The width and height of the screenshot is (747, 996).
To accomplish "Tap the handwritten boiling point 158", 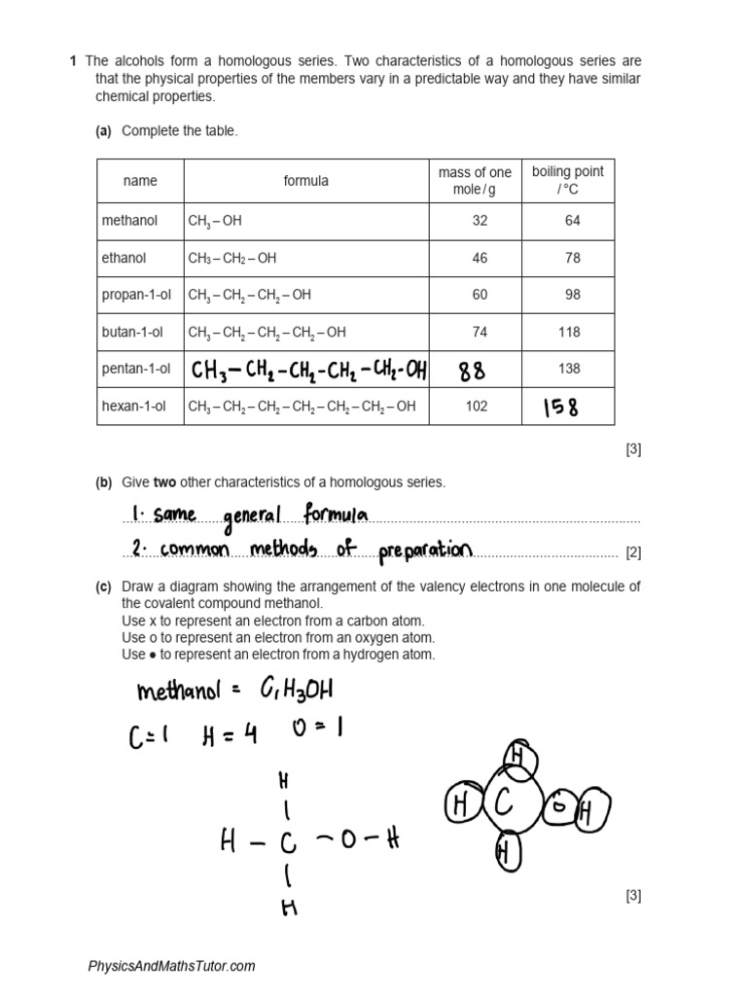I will click(x=559, y=408).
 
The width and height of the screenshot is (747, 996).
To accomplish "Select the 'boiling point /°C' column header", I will click(x=568, y=181).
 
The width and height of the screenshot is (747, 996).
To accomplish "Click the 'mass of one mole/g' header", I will click(x=475, y=181).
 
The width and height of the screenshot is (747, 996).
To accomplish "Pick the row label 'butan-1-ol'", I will click(x=130, y=332).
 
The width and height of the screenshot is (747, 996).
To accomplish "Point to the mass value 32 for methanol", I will click(x=480, y=221).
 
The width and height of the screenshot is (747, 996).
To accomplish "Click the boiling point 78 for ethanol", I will click(x=572, y=258).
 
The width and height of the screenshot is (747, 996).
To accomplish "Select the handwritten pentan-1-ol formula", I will click(x=307, y=370).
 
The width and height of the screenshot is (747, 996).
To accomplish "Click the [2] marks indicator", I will click(x=633, y=552).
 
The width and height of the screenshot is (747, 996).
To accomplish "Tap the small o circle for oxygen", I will click(x=559, y=806).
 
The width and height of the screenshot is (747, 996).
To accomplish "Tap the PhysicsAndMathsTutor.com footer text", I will click(x=172, y=966).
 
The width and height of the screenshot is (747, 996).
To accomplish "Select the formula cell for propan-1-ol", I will click(x=250, y=295).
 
